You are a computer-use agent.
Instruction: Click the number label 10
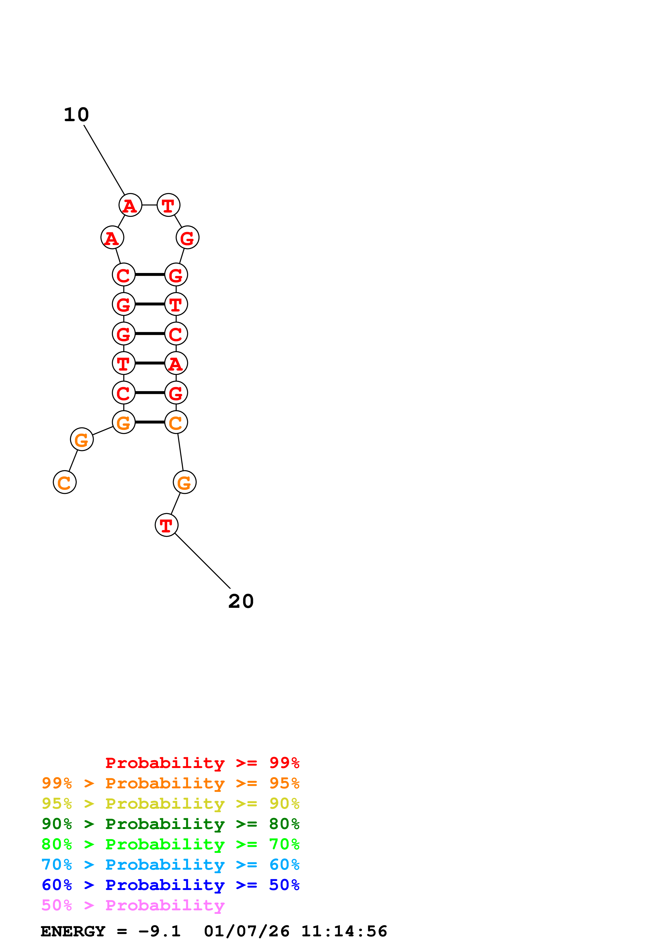click(x=76, y=115)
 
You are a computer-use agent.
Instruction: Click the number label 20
click(x=241, y=601)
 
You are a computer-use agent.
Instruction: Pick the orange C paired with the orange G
click(x=176, y=422)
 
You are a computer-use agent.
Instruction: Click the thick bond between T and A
click(x=150, y=363)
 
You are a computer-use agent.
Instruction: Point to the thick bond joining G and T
click(x=150, y=304)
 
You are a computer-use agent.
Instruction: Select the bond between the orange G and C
click(x=150, y=422)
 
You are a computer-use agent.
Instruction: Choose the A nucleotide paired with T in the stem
click(x=176, y=363)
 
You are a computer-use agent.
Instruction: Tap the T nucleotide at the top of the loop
click(x=168, y=205)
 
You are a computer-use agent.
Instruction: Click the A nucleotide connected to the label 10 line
click(x=130, y=205)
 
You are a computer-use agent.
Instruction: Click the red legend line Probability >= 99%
click(x=202, y=763)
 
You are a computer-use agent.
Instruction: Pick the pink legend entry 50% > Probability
click(x=133, y=905)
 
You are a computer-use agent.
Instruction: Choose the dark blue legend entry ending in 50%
click(x=170, y=885)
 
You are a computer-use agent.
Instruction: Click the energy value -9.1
click(x=159, y=931)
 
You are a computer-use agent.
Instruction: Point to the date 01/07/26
click(x=246, y=931)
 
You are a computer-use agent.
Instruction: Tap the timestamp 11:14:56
click(x=344, y=931)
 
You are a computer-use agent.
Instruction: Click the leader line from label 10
click(x=104, y=160)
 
